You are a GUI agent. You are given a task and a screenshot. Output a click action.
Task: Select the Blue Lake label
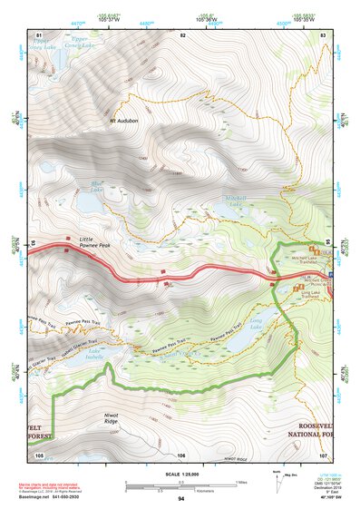[97, 189]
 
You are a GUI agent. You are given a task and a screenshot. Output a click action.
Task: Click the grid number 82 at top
[182, 35]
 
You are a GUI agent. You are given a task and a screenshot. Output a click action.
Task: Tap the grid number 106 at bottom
[181, 455]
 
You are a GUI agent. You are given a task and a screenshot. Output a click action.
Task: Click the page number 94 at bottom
[181, 498]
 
